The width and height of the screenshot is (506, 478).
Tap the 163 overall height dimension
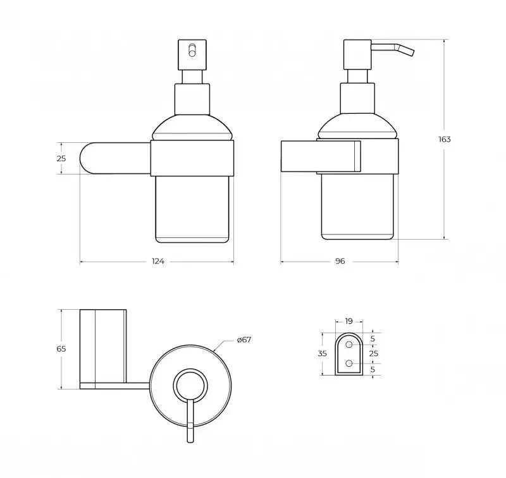coord(445,140)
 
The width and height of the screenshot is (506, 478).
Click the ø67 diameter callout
coord(244,340)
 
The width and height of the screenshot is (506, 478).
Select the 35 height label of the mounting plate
coord(322,353)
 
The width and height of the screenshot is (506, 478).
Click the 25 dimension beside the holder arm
coord(61,159)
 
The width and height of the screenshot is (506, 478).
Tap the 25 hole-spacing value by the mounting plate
coord(374,353)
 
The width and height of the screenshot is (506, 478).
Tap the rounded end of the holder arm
coord(87,158)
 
